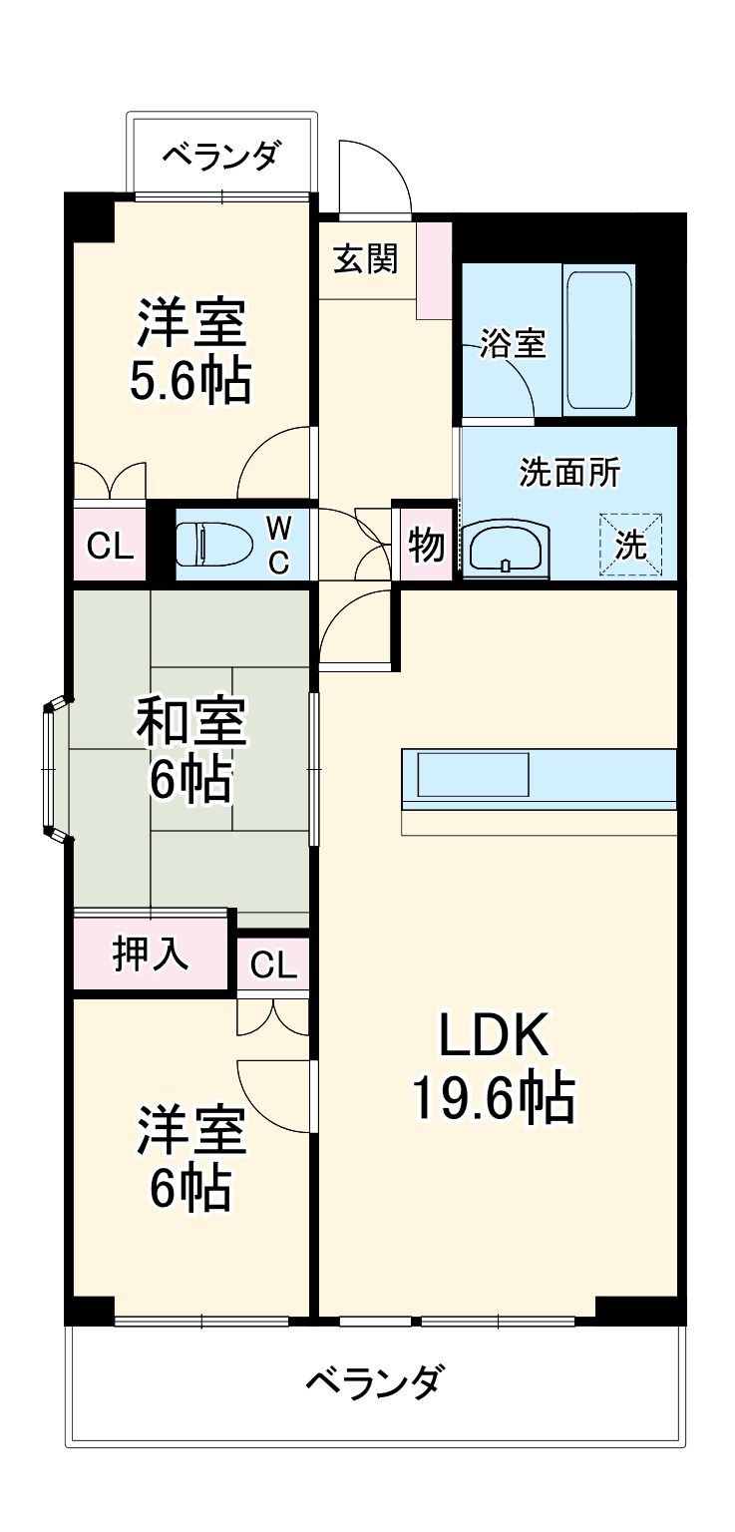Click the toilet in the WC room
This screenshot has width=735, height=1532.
point(211,545)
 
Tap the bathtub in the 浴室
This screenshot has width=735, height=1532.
point(598,340)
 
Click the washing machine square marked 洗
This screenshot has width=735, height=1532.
point(630,545)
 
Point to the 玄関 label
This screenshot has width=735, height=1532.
point(365,258)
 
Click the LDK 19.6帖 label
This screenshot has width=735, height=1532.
point(494,1068)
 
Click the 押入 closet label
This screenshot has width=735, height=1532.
point(150,955)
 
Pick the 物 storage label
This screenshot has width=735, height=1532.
point(426,546)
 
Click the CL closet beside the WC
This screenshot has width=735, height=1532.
point(110,546)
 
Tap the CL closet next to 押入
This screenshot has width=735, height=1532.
point(273,964)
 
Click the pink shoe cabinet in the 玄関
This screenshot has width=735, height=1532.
point(434,270)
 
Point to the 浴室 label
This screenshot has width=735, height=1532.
point(513,344)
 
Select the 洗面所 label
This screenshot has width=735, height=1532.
point(568,472)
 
